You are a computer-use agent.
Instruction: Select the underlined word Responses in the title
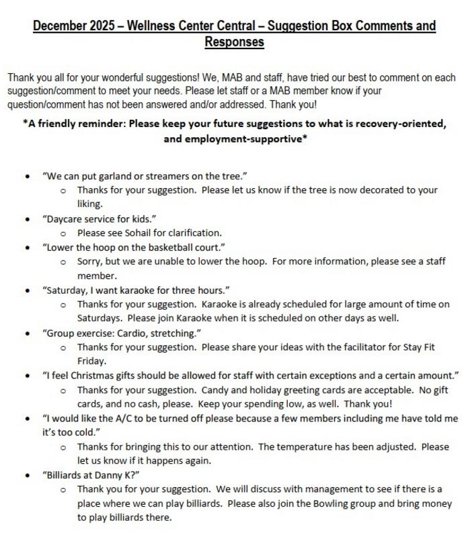click(x=234, y=42)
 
